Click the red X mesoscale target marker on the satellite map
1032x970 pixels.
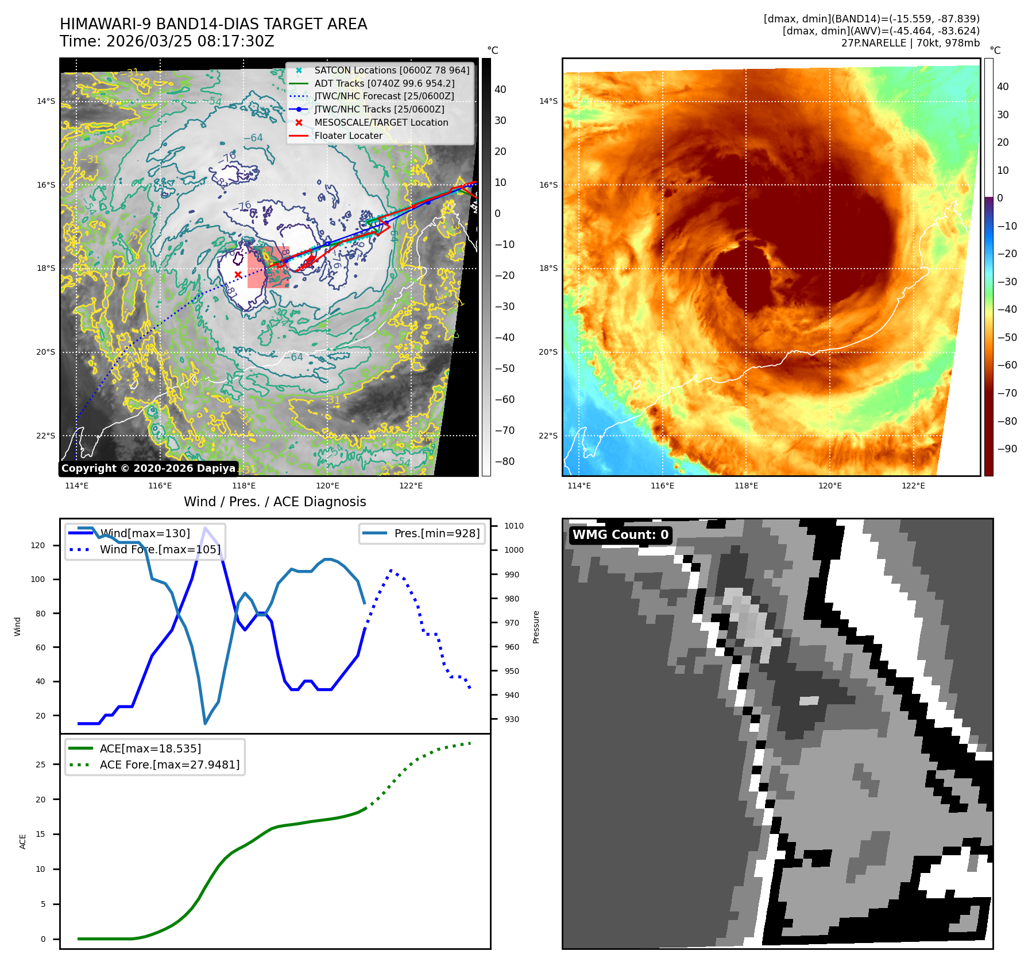pos(238,275)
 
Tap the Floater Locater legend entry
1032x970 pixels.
pos(348,135)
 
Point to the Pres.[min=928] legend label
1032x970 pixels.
pos(436,533)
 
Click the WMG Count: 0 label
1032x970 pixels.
pos(620,535)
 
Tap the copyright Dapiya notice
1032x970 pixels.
pos(148,468)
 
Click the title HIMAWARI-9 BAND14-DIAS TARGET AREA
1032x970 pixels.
pos(213,24)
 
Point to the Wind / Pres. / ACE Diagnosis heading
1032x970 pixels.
pos(275,502)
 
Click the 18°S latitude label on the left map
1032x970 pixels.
pos(46,269)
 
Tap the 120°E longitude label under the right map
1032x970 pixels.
pos(830,486)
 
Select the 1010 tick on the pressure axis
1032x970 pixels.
pos(513,526)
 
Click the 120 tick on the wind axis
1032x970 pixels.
pos(37,545)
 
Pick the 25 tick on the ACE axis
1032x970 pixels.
pos(40,765)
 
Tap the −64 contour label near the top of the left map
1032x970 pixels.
pos(253,138)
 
